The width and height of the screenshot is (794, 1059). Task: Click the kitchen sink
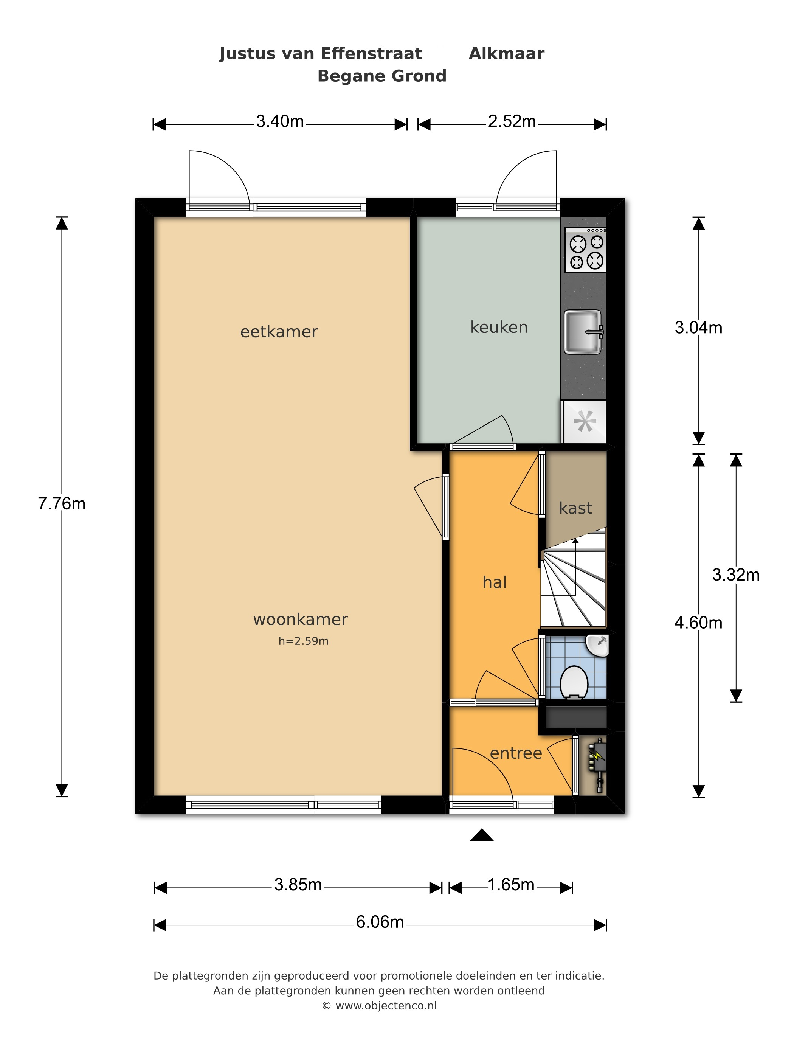tap(583, 332)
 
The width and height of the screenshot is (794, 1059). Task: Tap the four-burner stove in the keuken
tap(586, 250)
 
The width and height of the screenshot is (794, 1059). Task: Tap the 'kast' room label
tap(575, 508)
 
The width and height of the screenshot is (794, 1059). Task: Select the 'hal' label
tap(495, 582)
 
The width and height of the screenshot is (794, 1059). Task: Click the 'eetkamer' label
tap(279, 332)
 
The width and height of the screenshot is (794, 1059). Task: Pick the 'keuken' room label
tap(499, 327)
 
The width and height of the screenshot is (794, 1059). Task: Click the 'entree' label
tap(516, 753)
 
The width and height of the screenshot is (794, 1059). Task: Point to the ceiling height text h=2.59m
tap(304, 641)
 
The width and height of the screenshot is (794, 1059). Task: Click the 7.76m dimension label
tap(62, 504)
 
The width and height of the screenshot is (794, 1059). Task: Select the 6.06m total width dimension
tap(380, 922)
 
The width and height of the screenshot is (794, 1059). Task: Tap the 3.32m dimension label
tap(736, 575)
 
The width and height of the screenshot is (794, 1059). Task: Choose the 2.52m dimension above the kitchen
tap(512, 122)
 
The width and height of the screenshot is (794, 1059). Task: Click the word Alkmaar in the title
tap(506, 54)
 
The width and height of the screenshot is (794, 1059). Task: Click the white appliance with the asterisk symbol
tap(585, 422)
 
